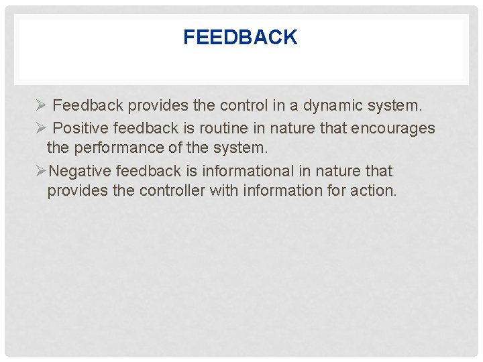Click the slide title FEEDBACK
tap(240, 38)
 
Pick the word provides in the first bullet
tap(153, 106)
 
